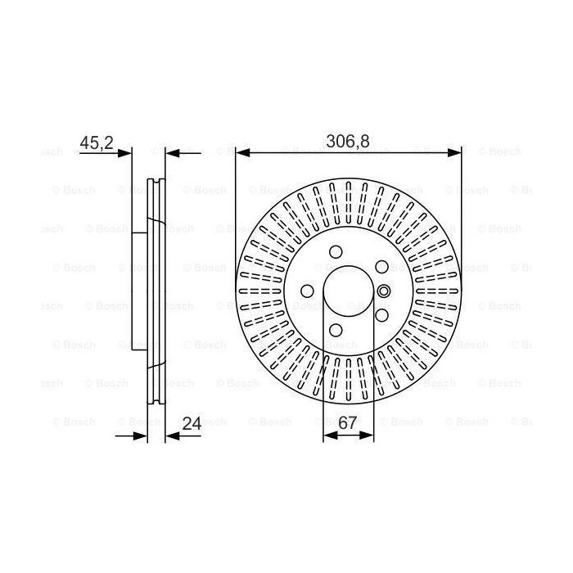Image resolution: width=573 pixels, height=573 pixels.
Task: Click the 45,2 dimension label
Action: point(97,142)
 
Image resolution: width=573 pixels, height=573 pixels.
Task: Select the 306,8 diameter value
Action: point(348,142)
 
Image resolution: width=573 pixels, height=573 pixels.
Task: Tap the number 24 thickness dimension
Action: point(192,423)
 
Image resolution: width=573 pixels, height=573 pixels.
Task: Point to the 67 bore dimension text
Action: point(347,423)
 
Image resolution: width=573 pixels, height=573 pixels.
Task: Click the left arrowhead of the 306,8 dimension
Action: point(243,153)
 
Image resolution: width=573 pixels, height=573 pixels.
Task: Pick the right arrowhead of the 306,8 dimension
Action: point(454,153)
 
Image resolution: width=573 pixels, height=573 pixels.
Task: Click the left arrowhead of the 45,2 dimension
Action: point(124,153)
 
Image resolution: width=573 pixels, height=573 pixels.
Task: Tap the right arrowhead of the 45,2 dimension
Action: point(173,153)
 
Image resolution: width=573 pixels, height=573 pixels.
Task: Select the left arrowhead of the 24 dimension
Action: point(140,435)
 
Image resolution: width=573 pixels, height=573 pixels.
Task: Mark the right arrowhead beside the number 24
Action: point(173,435)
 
